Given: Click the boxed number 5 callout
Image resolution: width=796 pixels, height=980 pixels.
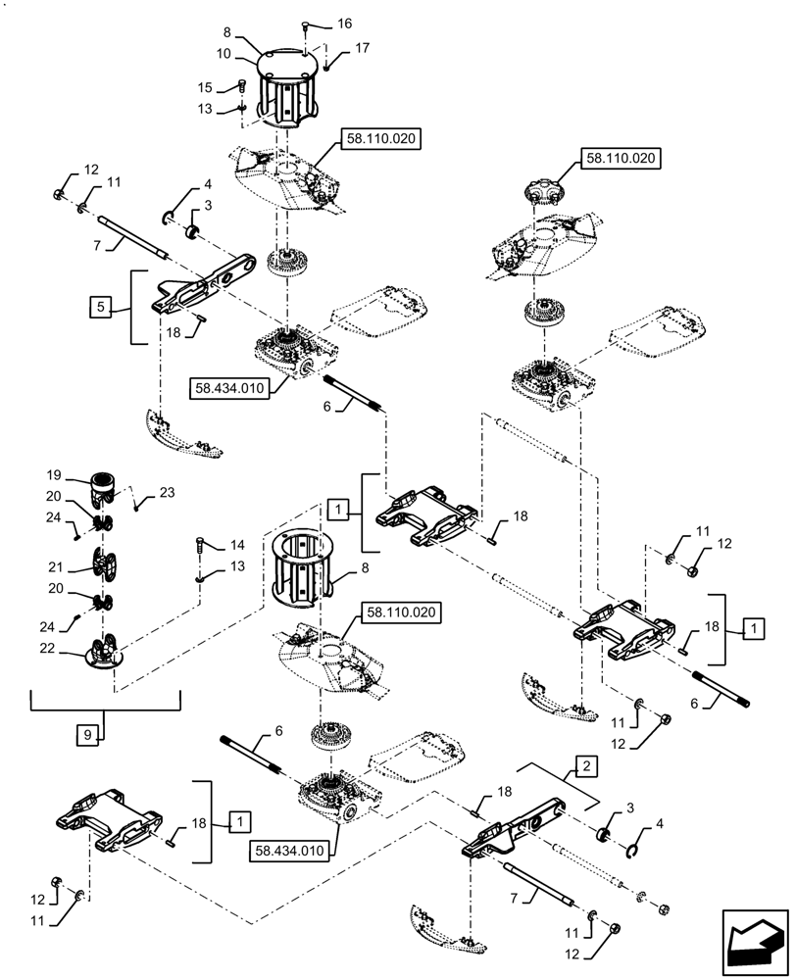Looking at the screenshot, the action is [101, 307].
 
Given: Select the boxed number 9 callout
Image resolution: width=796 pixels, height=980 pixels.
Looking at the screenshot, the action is [87, 734].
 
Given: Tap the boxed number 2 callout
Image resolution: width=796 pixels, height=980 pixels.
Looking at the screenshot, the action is [586, 765].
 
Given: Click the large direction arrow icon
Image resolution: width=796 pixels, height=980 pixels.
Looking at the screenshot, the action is [754, 942].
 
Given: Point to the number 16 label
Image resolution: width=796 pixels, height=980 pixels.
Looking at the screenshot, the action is [344, 24].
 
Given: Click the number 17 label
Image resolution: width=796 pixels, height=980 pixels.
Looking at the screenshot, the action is [362, 48].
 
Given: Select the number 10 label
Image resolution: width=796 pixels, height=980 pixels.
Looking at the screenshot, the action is [224, 54].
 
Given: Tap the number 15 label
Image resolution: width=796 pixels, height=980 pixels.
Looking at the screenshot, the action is [205, 87].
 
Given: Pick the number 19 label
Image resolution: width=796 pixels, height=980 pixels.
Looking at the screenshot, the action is [54, 475].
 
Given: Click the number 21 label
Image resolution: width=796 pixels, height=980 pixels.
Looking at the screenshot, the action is [56, 566].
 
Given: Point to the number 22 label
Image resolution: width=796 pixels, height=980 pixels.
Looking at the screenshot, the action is [47, 649].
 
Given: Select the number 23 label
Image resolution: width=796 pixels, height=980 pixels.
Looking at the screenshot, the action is [167, 493].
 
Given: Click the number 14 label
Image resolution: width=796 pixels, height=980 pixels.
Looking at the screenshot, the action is [237, 545].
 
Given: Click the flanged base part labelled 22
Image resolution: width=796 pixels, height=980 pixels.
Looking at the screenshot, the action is [104, 652].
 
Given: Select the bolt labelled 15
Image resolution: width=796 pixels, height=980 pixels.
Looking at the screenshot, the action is [242, 85].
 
